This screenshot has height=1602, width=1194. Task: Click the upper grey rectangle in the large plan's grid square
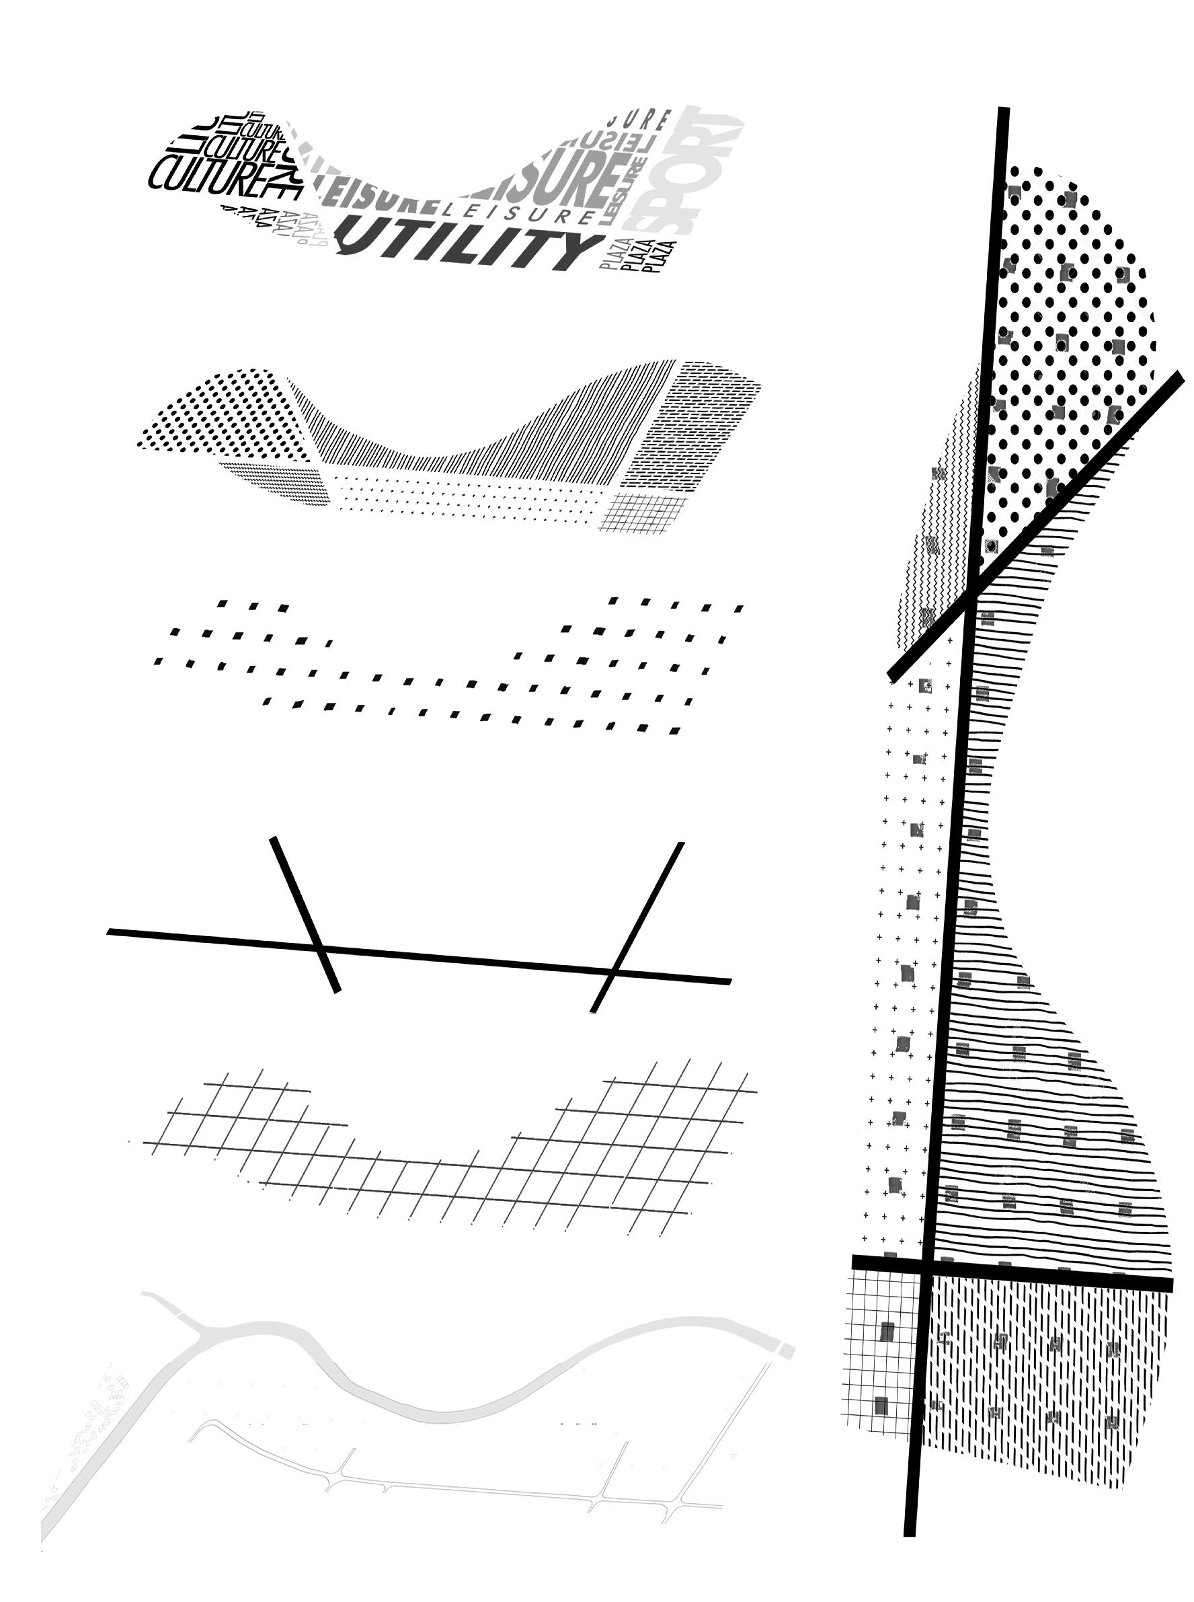point(887,1331)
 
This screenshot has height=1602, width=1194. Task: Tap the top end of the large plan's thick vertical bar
point(1003,110)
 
